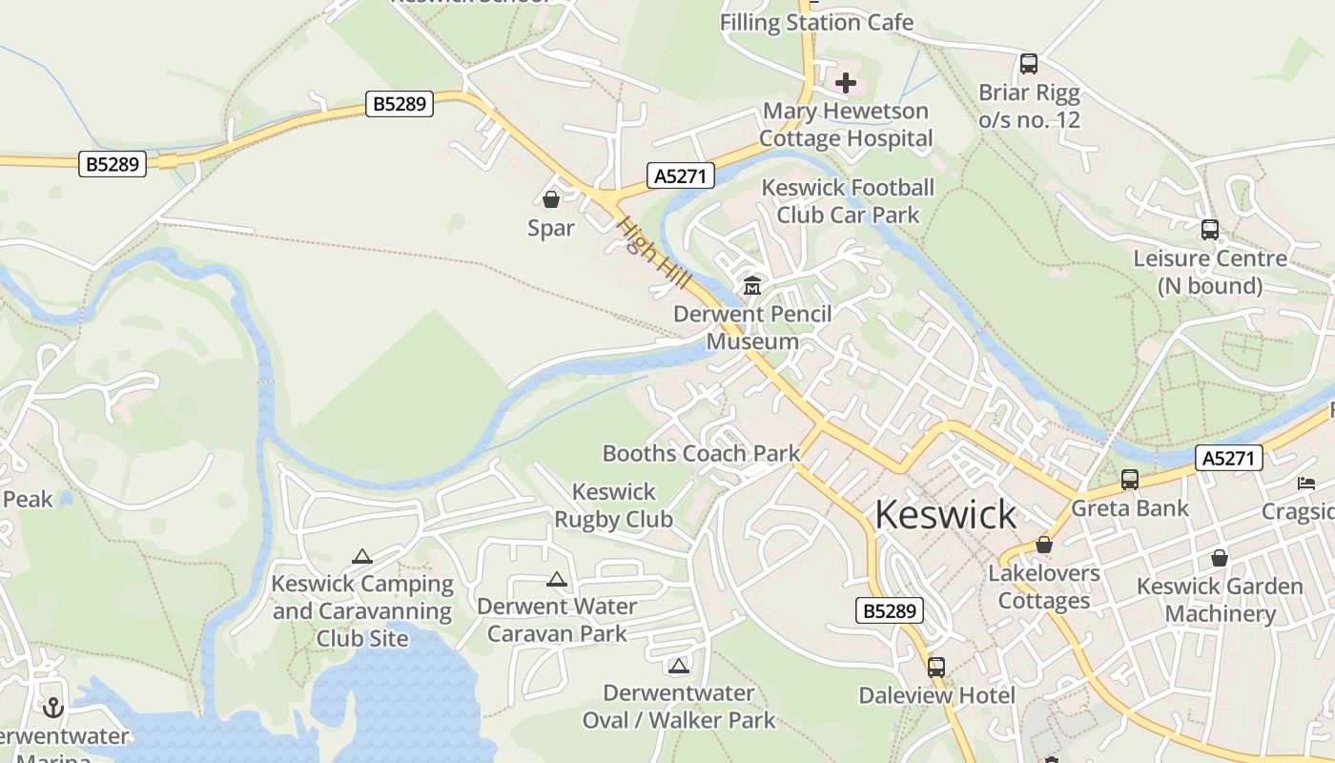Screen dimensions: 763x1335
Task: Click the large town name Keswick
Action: click(x=945, y=514)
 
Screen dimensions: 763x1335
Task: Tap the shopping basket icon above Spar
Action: click(x=551, y=199)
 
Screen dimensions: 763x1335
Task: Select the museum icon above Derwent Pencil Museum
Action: click(x=752, y=285)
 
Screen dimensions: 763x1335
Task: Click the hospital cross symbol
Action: click(x=846, y=84)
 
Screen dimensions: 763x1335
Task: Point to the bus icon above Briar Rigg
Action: click(x=1029, y=64)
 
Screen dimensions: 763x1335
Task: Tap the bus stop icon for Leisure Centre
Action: click(x=1209, y=230)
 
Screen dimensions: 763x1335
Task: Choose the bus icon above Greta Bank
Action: click(x=1130, y=480)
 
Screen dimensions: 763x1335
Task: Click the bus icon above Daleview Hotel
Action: click(x=936, y=667)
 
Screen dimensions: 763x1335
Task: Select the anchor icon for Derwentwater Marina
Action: click(x=53, y=707)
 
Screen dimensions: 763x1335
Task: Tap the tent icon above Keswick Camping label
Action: click(x=361, y=556)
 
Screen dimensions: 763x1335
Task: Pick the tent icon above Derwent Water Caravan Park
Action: click(x=557, y=579)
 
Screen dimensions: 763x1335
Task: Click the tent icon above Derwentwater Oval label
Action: click(x=678, y=666)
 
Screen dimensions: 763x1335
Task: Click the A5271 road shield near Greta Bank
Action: click(x=1229, y=458)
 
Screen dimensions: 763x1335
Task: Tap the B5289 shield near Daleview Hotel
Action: click(x=890, y=610)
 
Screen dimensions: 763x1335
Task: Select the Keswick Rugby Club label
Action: click(x=614, y=505)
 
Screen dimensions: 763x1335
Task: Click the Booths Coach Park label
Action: click(x=701, y=453)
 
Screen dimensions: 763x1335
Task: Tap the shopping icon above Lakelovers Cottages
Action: click(x=1044, y=546)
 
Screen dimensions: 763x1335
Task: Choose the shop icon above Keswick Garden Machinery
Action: click(x=1219, y=558)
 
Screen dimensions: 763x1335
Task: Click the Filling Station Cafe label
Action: click(x=816, y=23)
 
